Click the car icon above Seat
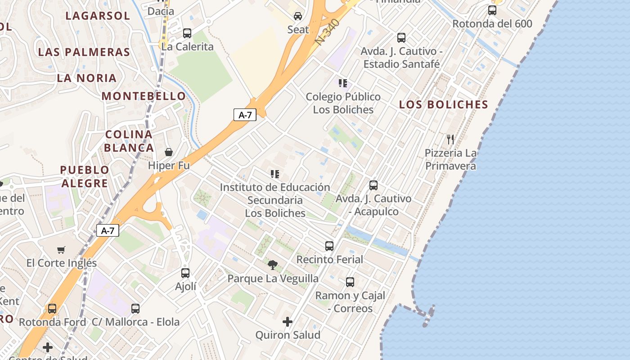tap(298, 17)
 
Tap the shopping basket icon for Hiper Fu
tap(169, 152)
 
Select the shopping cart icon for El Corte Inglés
tap(61, 250)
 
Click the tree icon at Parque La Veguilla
tap(272, 265)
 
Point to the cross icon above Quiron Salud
tap(288, 322)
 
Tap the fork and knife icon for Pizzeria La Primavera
tap(450, 139)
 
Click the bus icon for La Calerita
tap(187, 33)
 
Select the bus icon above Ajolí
tap(185, 273)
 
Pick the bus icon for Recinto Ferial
tap(329, 246)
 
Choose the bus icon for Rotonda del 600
tap(492, 10)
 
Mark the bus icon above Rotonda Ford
tap(52, 309)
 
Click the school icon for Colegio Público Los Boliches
tap(343, 83)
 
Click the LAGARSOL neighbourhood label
tap(98, 16)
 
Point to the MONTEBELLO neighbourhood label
tap(144, 96)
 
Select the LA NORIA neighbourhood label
tap(87, 78)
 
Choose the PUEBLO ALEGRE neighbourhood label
tap(85, 176)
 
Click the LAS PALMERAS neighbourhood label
tap(84, 52)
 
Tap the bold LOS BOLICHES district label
tap(444, 104)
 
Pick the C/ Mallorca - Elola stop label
tap(135, 322)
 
